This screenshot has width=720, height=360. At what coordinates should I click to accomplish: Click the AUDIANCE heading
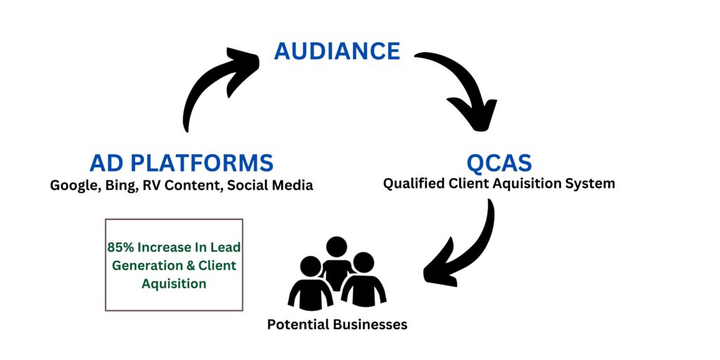point(337,51)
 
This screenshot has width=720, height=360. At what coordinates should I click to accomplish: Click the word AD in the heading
point(104,163)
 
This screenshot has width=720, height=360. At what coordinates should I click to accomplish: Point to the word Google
point(73,186)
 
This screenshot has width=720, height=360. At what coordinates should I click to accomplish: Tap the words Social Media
point(270,186)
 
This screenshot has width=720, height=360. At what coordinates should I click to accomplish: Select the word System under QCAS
point(591,184)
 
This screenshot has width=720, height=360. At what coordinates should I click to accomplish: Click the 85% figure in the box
point(120,247)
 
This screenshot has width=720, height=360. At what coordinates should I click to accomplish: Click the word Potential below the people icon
point(300,325)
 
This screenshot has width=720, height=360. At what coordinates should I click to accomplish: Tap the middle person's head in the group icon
point(337,247)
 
